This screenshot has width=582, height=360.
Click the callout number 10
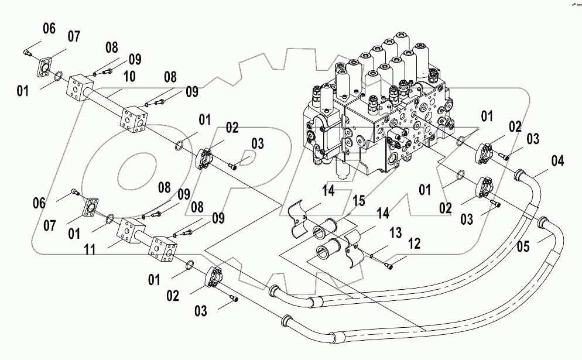(129, 77)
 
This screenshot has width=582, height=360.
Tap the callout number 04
(558, 159)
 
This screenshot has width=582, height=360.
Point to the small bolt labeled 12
(391, 266)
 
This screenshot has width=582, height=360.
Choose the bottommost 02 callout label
(173, 296)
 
